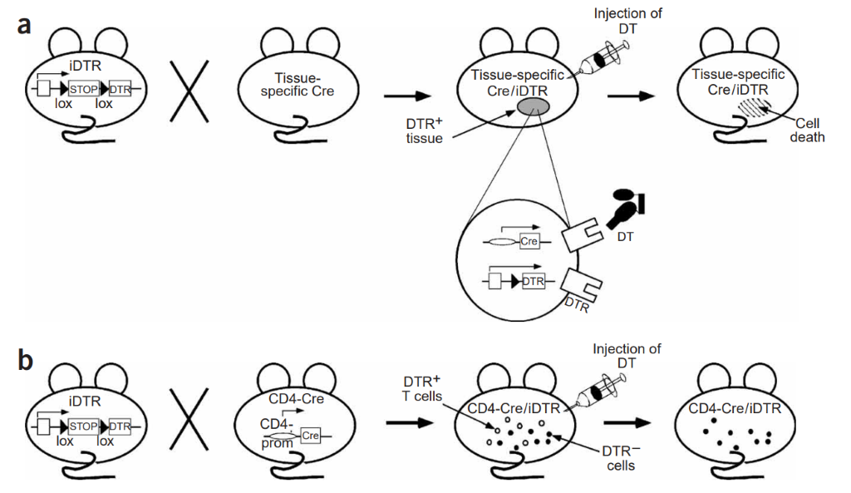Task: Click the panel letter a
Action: [x=24, y=25]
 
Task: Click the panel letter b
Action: [x=25, y=361]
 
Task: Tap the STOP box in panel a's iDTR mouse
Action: [x=84, y=89]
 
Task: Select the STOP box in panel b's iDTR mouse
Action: [x=84, y=426]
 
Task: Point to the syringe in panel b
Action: [x=602, y=392]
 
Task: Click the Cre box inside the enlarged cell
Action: [x=529, y=241]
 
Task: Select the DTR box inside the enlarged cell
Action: [x=533, y=281]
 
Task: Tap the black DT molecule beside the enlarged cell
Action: [x=626, y=209]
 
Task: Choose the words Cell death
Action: [x=807, y=131]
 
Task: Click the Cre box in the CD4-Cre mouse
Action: [x=311, y=436]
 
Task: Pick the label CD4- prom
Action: [x=277, y=433]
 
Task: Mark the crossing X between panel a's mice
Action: [x=189, y=91]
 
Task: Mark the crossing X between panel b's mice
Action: [x=189, y=419]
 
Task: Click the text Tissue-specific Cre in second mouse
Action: [x=297, y=85]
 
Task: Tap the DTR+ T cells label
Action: [x=421, y=389]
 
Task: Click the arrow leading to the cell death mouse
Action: [x=632, y=96]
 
